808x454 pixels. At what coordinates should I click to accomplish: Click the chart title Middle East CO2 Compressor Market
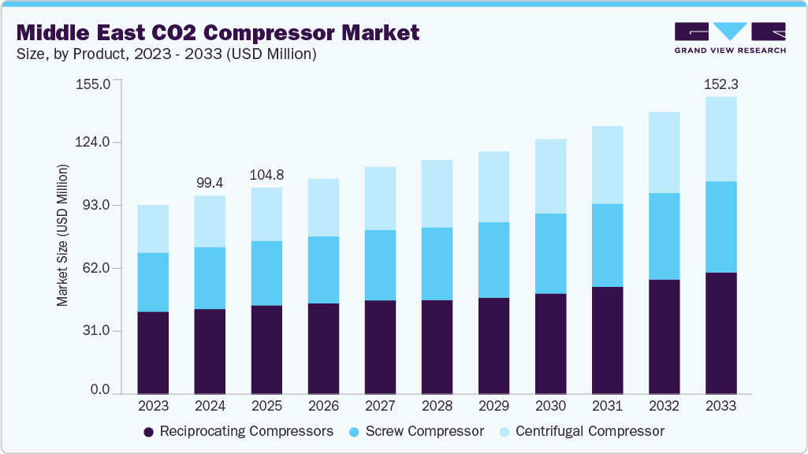(218, 32)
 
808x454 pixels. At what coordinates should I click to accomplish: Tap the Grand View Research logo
(730, 37)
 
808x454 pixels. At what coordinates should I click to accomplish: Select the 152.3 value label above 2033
(720, 84)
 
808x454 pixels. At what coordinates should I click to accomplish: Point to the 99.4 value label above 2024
(210, 182)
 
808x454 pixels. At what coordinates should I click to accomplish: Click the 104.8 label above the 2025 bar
(266, 174)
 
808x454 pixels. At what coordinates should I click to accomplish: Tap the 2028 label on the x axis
(437, 407)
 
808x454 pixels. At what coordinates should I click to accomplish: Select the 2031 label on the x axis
(607, 407)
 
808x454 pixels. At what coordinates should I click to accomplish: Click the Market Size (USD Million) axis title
(63, 236)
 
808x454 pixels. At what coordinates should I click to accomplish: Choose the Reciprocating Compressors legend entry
(238, 432)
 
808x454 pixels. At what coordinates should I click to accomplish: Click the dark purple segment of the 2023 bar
(153, 352)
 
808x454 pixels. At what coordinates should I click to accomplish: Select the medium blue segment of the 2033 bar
(720, 227)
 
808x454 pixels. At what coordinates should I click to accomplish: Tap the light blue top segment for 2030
(550, 176)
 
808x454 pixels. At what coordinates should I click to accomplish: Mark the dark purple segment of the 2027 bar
(380, 347)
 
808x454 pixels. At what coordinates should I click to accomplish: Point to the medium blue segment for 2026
(323, 270)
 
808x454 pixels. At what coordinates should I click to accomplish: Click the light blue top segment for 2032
(664, 152)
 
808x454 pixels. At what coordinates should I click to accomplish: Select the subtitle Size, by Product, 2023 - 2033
(166, 54)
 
